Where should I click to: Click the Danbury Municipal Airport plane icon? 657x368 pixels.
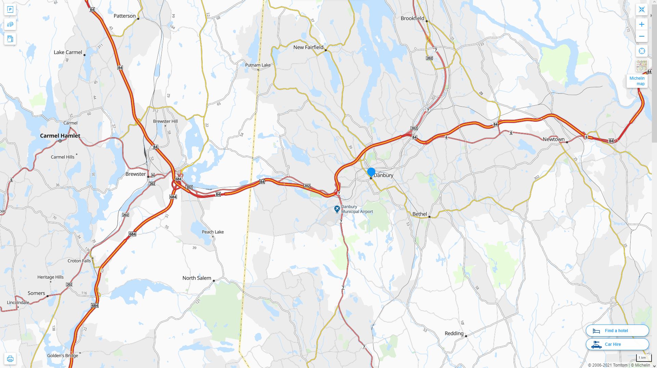pyautogui.click(x=337, y=209)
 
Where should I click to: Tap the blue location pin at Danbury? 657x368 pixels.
pyautogui.click(x=371, y=172)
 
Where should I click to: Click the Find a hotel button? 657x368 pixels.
pyautogui.click(x=617, y=331)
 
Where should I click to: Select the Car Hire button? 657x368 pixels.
pyautogui.click(x=617, y=344)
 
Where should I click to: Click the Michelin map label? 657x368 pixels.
pyautogui.click(x=637, y=81)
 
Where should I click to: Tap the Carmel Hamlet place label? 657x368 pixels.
pyautogui.click(x=60, y=136)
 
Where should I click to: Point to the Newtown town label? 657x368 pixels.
pyautogui.click(x=553, y=139)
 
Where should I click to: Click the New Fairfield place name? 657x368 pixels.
pyautogui.click(x=308, y=47)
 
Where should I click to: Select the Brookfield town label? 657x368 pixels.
pyautogui.click(x=412, y=18)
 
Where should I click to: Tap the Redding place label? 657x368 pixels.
pyautogui.click(x=454, y=333)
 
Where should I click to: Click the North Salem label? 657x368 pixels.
pyautogui.click(x=196, y=278)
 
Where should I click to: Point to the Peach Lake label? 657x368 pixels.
pyautogui.click(x=212, y=232)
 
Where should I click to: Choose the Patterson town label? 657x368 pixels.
pyautogui.click(x=125, y=16)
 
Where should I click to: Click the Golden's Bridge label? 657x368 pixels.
pyautogui.click(x=63, y=356)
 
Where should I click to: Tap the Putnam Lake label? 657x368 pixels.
pyautogui.click(x=258, y=65)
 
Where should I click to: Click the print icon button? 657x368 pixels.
pyautogui.click(x=10, y=359)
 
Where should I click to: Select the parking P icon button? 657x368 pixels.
pyautogui.click(x=10, y=10)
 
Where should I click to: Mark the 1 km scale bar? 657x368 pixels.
pyautogui.click(x=642, y=358)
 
